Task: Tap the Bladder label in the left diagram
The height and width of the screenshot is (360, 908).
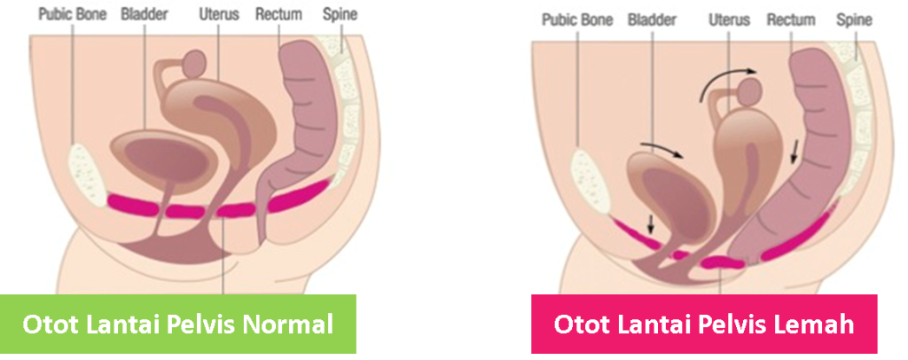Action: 146,15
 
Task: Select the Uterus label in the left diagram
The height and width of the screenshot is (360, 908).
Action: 219,15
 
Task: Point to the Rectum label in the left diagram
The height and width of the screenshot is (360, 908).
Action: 278,15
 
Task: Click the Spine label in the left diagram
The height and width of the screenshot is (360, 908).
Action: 340,15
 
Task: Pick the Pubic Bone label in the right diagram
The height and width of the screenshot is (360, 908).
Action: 578,20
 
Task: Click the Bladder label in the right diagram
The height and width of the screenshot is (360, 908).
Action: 652,20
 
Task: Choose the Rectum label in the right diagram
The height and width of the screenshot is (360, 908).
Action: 791,20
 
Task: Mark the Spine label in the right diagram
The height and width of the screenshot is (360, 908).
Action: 854,20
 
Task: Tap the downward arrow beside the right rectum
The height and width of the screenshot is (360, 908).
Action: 795,153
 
